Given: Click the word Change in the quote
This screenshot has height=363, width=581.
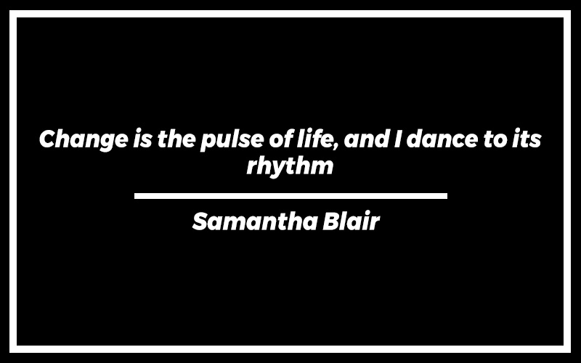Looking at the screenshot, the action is point(84,140).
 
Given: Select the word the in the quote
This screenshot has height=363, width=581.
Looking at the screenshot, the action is point(176,139).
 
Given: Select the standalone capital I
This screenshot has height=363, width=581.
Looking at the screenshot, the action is point(397,139).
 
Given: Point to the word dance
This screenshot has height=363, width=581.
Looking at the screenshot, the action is point(442,139).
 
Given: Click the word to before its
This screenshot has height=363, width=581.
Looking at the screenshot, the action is point(495,139).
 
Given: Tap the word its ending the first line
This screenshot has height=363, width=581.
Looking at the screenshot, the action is point(527,139).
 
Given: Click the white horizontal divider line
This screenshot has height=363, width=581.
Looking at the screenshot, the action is point(290,196).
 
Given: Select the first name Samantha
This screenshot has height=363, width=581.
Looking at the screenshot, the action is point(255,221).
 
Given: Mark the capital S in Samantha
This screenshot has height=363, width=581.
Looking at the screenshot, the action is point(201,222).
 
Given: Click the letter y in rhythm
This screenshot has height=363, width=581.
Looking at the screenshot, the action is point(276,170).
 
